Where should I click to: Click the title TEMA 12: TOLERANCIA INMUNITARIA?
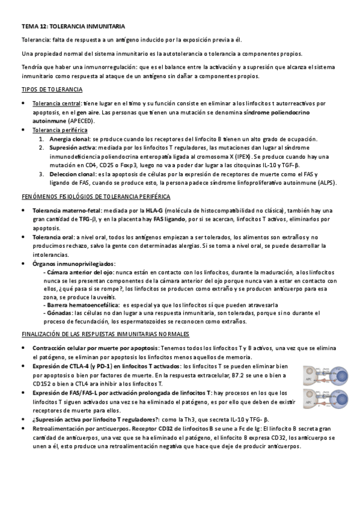pos(73,27)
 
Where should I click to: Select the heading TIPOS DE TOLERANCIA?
pos(52,89)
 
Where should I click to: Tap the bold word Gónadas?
pos(58,313)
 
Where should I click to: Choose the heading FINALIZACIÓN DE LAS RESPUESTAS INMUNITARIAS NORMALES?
pos(105,333)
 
